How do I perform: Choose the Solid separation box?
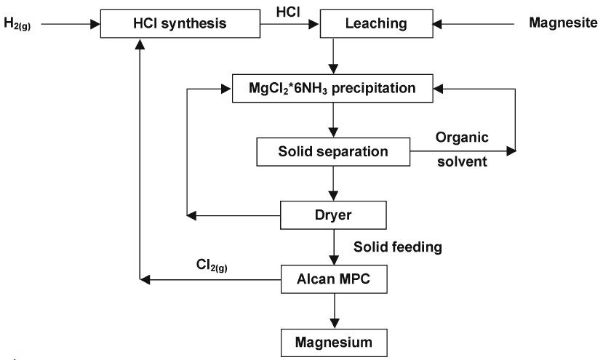click(332, 152)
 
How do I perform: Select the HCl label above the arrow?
click(286, 12)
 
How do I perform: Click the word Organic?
click(460, 137)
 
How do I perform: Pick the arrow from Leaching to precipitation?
click(332, 57)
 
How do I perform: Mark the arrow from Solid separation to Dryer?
click(332, 183)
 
